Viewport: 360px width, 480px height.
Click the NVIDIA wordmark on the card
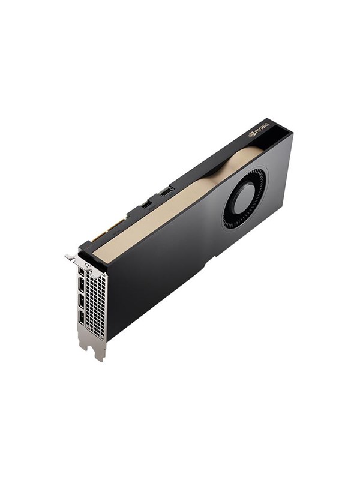coord(262,128)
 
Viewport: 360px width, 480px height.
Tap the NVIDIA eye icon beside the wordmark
coord(252,134)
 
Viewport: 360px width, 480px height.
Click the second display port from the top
coord(82,287)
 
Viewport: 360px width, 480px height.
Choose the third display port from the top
coord(82,302)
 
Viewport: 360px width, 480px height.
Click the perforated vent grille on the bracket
coord(96,303)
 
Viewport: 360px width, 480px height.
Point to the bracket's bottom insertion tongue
coord(98,350)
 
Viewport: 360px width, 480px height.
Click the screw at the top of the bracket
coord(88,265)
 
